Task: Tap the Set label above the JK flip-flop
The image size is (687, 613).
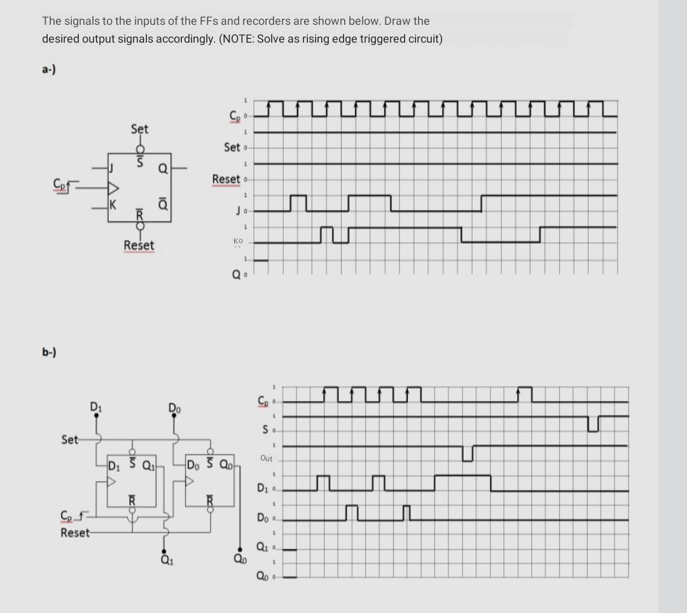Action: (x=139, y=129)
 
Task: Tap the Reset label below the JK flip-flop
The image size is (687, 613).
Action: (x=139, y=245)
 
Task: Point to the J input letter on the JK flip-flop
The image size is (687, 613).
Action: (x=111, y=169)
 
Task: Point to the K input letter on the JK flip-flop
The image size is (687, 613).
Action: (x=112, y=204)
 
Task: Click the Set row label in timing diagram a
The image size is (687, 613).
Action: (x=232, y=147)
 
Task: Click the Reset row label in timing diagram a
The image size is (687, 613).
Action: (x=226, y=179)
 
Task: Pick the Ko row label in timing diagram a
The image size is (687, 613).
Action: (x=238, y=241)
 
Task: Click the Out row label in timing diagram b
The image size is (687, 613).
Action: (x=266, y=458)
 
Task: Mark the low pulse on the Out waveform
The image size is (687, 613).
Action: (x=468, y=454)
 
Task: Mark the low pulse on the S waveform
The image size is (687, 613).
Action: (x=593, y=423)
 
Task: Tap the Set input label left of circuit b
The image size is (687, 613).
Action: (x=70, y=439)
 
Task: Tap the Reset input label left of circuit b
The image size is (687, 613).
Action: (x=75, y=532)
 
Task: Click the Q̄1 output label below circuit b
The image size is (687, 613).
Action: (x=165, y=560)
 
